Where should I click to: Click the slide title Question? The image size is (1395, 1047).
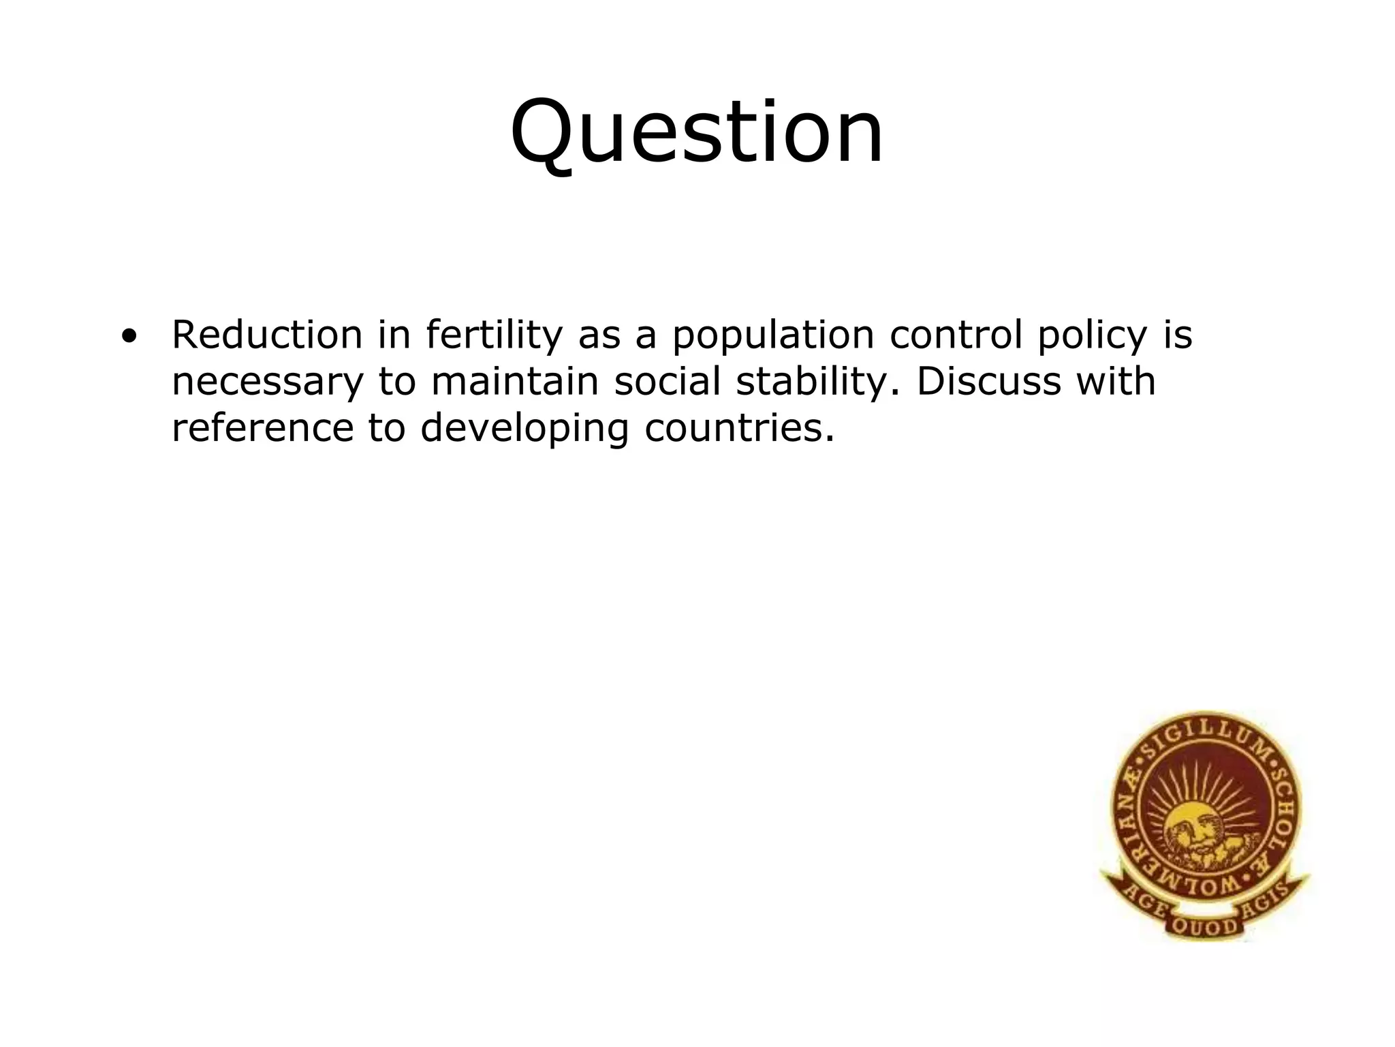coord(697,133)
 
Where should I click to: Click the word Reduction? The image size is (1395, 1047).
coord(267,335)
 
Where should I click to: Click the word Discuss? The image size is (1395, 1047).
coord(988,382)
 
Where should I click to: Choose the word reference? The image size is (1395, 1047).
coord(262,428)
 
